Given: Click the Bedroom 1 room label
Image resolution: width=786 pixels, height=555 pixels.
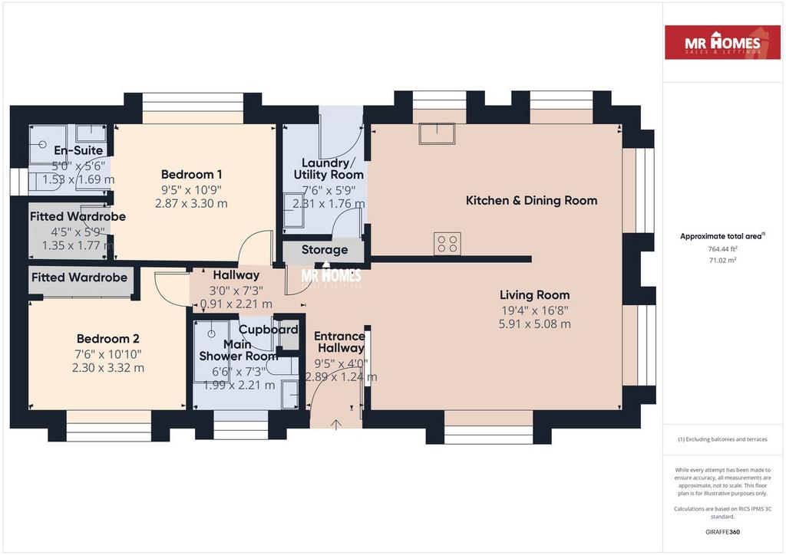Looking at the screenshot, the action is coord(191,175).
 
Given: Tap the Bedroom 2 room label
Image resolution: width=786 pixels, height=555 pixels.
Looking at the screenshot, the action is coord(108,339).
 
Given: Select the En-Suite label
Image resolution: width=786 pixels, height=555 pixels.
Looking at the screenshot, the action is coord(79,150).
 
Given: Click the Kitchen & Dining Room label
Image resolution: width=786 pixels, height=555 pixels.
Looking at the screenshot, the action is coord(531,201).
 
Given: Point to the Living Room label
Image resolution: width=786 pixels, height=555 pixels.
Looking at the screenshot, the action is coord(534,295).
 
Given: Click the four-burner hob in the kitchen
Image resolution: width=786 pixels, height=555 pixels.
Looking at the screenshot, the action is coord(447,244).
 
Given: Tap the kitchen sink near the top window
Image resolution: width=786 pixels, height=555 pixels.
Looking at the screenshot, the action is coord(437,133).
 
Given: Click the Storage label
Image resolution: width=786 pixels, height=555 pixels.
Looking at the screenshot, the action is coord(325,250).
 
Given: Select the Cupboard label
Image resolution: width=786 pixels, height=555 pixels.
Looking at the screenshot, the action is coord(268,330).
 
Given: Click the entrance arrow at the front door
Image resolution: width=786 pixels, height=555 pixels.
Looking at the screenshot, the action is coord(336,425).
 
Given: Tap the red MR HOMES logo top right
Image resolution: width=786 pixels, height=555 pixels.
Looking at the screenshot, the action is coord(722,42).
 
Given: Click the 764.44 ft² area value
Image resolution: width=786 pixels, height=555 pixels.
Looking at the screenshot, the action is coord(722,248).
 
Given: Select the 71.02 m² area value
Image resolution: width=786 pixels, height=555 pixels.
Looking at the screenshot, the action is coord(722,260).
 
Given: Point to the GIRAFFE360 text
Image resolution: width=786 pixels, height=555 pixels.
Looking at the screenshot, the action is coord(722,532).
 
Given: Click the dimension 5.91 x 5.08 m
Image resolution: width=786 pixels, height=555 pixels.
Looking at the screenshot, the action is coord(534,323).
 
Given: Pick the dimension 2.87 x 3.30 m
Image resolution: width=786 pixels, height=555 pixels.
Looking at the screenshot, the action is coord(191,204).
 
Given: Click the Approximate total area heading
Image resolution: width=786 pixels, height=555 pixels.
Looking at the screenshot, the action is coord(722,236).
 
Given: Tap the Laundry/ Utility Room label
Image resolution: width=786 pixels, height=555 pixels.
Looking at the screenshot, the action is coord(329,169).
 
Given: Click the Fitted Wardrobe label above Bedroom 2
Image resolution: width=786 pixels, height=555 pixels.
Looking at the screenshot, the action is coord(79,277).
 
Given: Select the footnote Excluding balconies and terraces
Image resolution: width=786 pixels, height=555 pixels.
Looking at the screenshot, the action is coord(722,439).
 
